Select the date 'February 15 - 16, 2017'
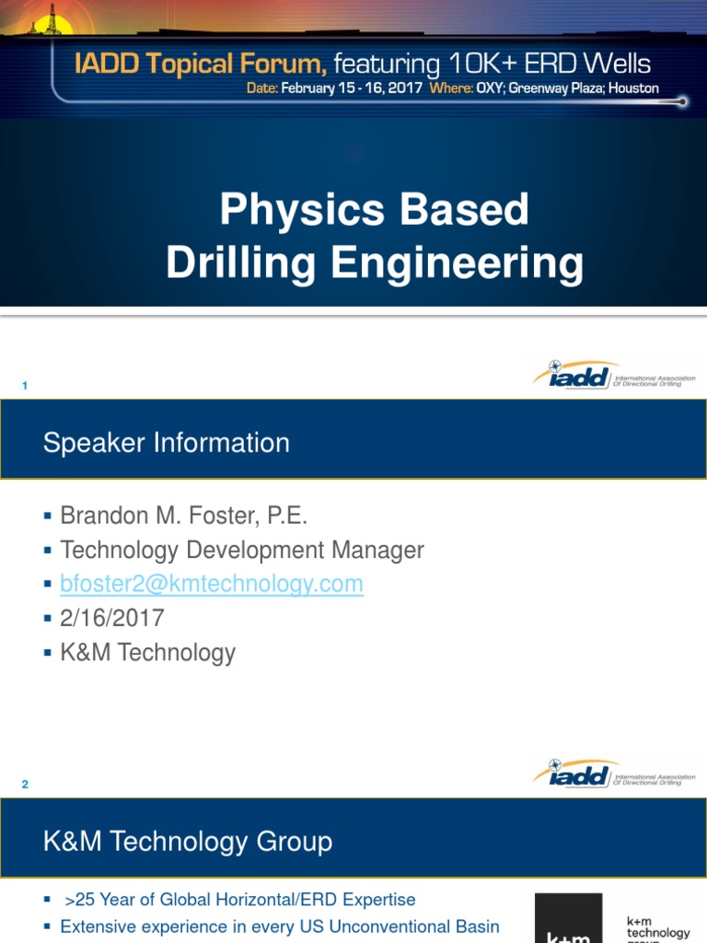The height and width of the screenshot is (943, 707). (352, 88)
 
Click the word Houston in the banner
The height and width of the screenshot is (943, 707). (632, 88)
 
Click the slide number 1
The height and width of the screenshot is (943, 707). (25, 386)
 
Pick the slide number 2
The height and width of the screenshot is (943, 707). (25, 785)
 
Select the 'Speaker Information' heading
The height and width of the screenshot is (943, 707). (167, 443)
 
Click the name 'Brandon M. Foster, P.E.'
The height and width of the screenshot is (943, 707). (183, 516)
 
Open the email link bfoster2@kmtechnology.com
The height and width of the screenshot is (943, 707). (212, 584)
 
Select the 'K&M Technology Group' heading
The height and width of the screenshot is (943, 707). (188, 842)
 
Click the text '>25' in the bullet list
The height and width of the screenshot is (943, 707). (82, 900)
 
